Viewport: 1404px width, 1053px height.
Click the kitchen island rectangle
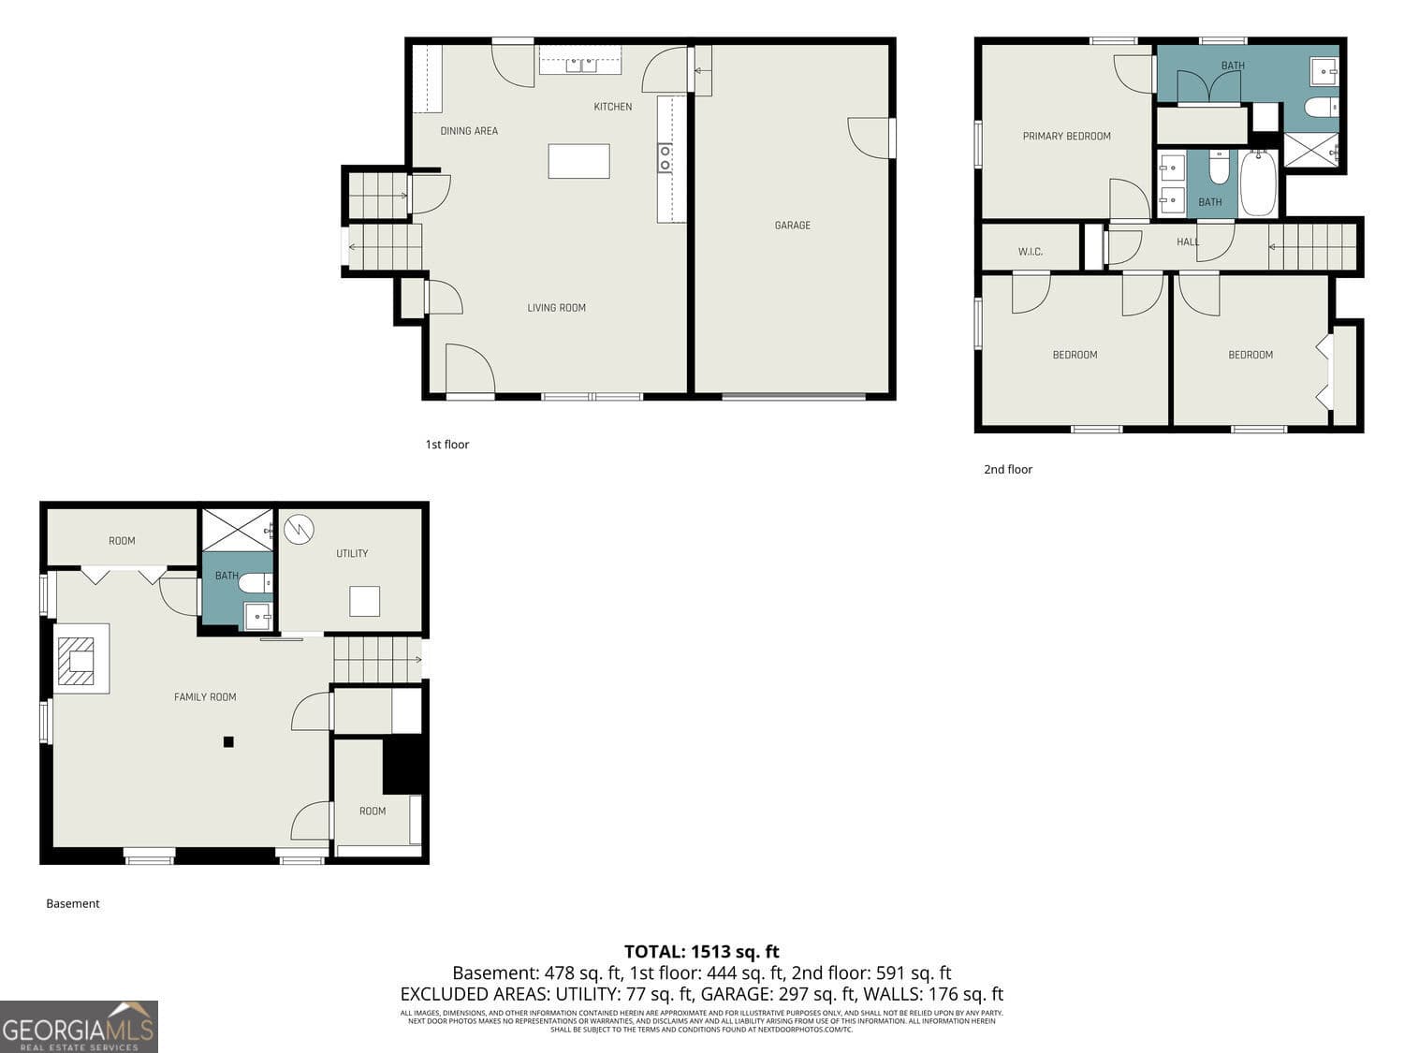tap(578, 161)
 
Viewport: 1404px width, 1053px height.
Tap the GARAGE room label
tap(792, 226)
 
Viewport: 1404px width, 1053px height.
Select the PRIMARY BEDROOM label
tap(1066, 137)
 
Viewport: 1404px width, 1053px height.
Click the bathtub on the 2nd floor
tap(1258, 183)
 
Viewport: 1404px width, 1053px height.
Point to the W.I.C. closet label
tap(1030, 252)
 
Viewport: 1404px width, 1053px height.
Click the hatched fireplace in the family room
tap(76, 661)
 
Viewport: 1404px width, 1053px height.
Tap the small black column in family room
tap(228, 742)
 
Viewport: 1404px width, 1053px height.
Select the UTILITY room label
tap(352, 554)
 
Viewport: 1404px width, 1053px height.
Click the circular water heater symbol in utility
tap(299, 530)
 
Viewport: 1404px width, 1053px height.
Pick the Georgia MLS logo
tap(79, 1027)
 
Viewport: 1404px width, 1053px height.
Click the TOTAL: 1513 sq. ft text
tap(701, 953)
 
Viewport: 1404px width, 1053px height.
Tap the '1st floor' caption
tap(446, 445)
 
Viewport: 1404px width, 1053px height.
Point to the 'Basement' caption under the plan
tap(73, 904)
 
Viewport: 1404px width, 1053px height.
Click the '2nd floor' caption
tap(1007, 470)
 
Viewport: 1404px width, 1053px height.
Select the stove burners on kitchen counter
tap(665, 158)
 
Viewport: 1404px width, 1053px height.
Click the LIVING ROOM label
tap(556, 308)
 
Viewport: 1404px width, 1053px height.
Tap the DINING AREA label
tap(469, 131)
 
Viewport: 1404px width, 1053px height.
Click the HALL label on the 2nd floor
tap(1187, 242)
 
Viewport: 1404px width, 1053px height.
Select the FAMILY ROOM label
tap(205, 697)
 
